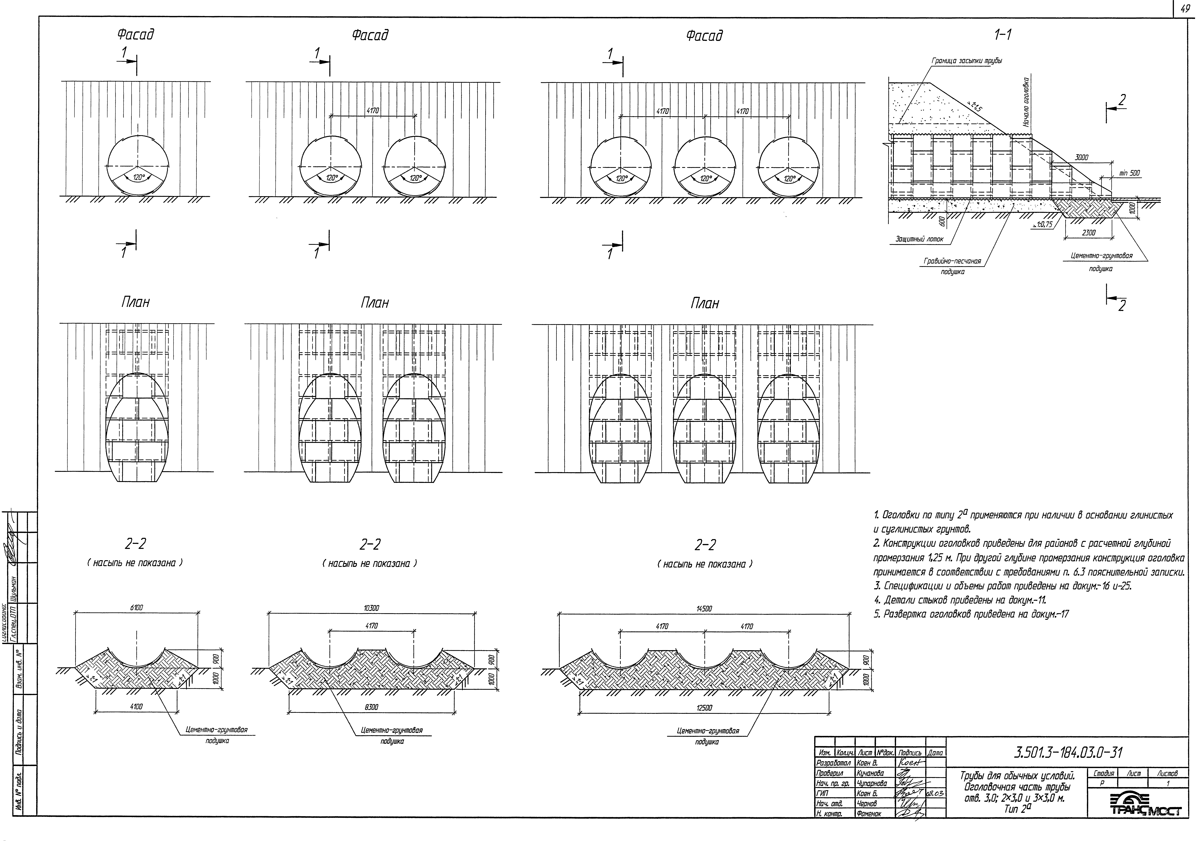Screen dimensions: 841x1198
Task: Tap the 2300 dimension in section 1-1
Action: [1088, 233]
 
